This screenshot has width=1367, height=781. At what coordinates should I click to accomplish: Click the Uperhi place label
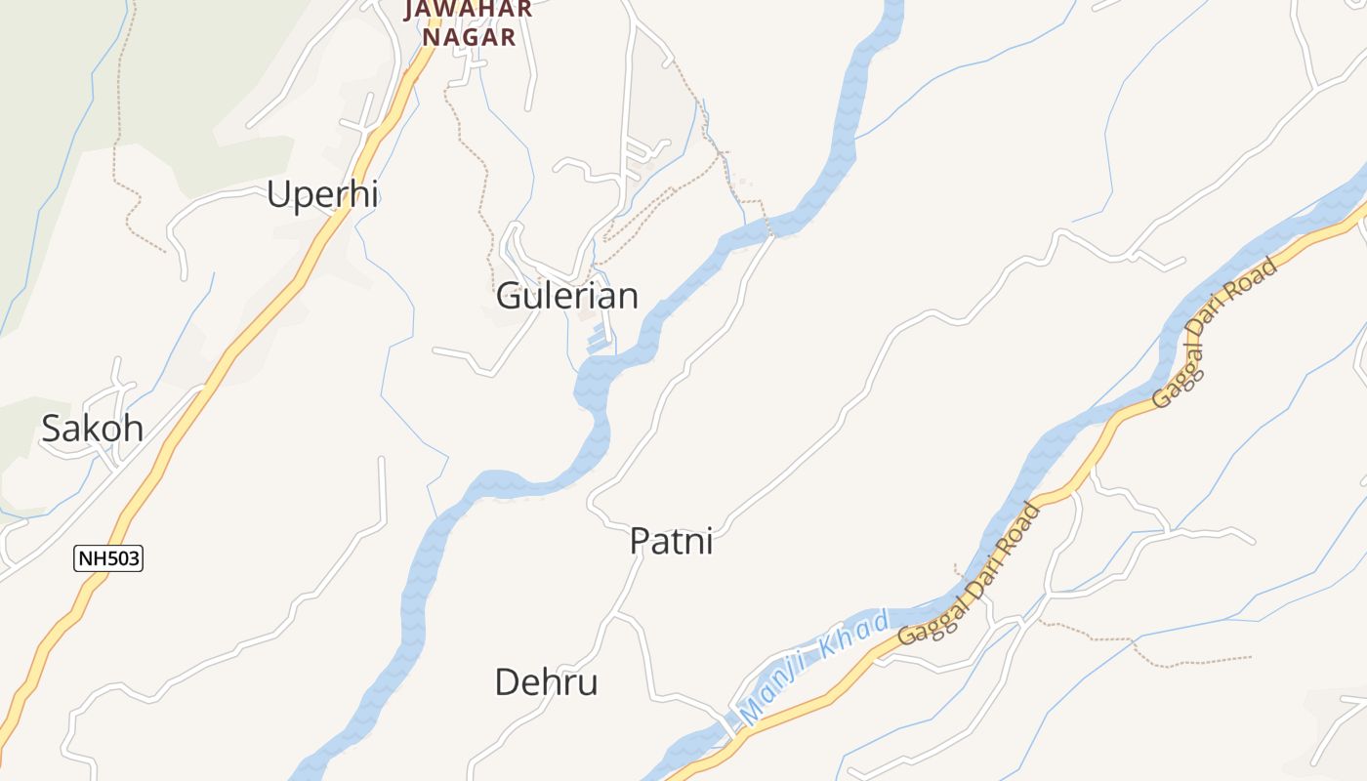coord(322,195)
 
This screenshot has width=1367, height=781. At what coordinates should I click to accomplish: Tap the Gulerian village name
coord(567,296)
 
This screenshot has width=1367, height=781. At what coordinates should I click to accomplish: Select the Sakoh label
coord(93,429)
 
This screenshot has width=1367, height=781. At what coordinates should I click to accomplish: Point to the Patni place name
coord(671,541)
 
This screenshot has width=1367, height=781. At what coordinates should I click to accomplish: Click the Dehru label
coord(546,682)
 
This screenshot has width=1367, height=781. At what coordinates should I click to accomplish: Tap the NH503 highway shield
coord(108,558)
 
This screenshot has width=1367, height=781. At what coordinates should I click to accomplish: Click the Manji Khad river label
coord(815,666)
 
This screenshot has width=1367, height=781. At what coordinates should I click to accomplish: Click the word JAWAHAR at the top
coord(469,9)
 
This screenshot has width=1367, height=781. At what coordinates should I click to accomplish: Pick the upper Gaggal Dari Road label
coord(1214,333)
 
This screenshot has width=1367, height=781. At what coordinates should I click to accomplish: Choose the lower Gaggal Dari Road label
coord(970,575)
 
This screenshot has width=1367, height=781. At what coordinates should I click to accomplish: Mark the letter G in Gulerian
coord(509,296)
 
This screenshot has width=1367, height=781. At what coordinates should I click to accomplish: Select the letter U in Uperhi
coord(278,195)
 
